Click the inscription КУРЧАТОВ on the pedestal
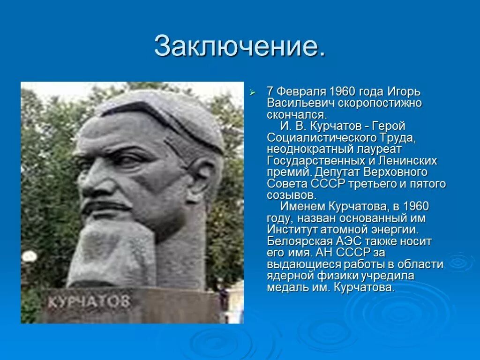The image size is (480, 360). click(89, 301)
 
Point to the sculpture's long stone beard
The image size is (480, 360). click(112, 253)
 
